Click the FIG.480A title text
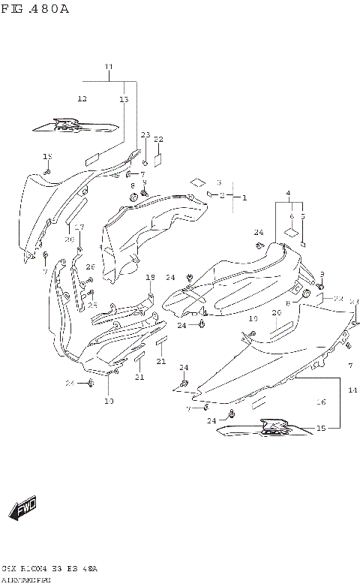pyautogui.click(x=36, y=8)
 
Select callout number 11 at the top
pyautogui.click(x=108, y=68)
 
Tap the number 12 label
pyautogui.click(x=82, y=98)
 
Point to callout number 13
pyautogui.click(x=124, y=99)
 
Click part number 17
pyautogui.click(x=79, y=227)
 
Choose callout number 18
pyautogui.click(x=150, y=278)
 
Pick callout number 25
pyautogui.click(x=92, y=305)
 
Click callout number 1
pyautogui.click(x=244, y=197)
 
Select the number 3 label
pyautogui.click(x=218, y=182)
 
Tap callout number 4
pyautogui.click(x=288, y=194)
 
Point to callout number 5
pyautogui.click(x=303, y=216)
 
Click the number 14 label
pyautogui.click(x=352, y=391)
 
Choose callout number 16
pyautogui.click(x=321, y=403)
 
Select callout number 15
pyautogui.click(x=321, y=429)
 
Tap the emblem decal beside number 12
pyautogui.click(x=76, y=125)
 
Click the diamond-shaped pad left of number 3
pyautogui.click(x=197, y=182)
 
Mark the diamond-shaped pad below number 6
pyautogui.click(x=287, y=233)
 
